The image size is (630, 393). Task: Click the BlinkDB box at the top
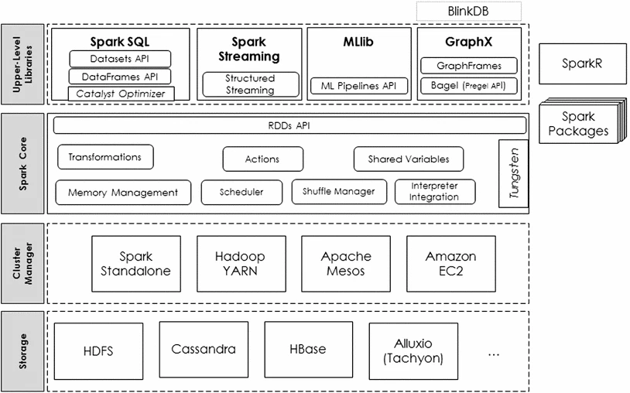(x=468, y=12)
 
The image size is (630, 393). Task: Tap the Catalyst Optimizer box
(x=120, y=94)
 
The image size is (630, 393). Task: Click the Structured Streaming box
(x=250, y=84)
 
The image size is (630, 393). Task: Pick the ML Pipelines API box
(x=358, y=86)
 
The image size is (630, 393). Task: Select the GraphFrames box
(x=469, y=66)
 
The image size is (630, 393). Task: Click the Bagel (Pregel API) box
(x=469, y=85)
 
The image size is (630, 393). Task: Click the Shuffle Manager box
(x=338, y=192)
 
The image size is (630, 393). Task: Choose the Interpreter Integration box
(x=434, y=192)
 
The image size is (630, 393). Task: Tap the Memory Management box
(x=122, y=193)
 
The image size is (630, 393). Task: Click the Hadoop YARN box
(x=240, y=263)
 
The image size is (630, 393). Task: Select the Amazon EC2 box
(x=450, y=263)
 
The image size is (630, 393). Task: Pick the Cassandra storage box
(x=203, y=349)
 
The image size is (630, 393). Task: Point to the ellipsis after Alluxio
(x=495, y=353)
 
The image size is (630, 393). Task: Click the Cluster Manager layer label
(x=22, y=262)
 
